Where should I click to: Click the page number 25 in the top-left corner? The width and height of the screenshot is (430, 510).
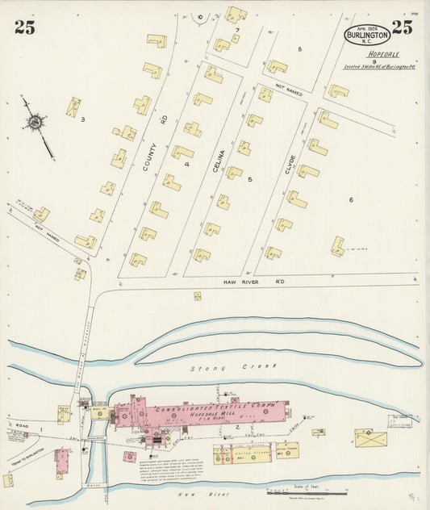point(24,27)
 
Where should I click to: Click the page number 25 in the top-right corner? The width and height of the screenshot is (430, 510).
point(402,27)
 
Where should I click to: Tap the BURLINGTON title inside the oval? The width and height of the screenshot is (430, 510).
point(367,36)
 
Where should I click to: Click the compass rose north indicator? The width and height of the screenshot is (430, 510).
point(35,123)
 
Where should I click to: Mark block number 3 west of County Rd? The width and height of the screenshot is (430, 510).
point(82,120)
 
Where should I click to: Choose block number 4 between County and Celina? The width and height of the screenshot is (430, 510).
point(186,165)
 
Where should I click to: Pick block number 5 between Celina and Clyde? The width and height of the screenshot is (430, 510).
point(250,178)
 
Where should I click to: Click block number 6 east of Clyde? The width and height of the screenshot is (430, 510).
point(351,199)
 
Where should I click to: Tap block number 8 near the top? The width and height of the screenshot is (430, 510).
point(299,49)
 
